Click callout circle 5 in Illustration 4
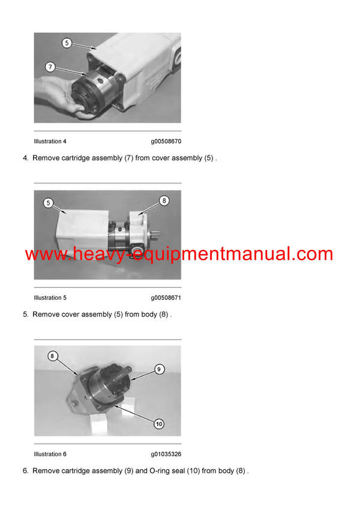(x=67, y=43)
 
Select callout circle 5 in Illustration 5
(x=47, y=203)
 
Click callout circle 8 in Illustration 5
(x=165, y=200)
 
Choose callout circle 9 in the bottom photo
(x=159, y=369)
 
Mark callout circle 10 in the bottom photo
(x=158, y=423)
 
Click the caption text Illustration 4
(x=50, y=141)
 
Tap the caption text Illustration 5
(x=50, y=298)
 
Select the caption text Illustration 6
(x=50, y=454)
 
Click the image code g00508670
(x=166, y=141)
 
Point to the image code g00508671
(x=166, y=298)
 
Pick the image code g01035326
(x=166, y=454)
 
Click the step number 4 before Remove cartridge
(x=25, y=158)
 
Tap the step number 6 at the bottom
(x=25, y=471)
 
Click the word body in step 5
(x=149, y=315)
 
